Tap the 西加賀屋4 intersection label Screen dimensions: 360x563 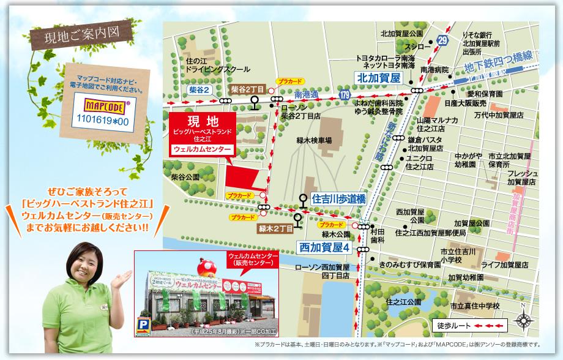pyautogui.click(x=324, y=248)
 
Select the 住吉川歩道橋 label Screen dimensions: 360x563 pyautogui.click(x=338, y=199)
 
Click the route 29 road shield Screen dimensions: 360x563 pyautogui.click(x=443, y=40)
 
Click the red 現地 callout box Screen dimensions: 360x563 pyautogui.click(x=201, y=133)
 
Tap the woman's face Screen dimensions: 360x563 pyautogui.click(x=86, y=258)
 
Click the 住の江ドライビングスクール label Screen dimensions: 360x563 pyautogui.click(x=209, y=66)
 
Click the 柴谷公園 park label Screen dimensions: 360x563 pyautogui.click(x=185, y=176)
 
